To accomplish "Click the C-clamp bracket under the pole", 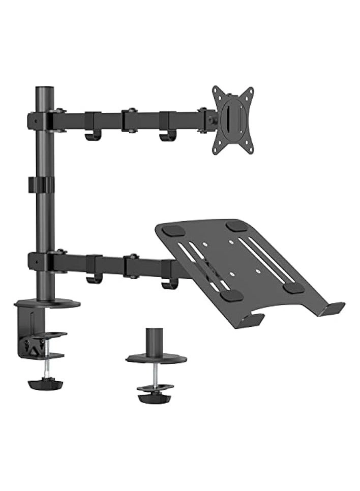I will point(31,330).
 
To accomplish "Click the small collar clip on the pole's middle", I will point(41,185).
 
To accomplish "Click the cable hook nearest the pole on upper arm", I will point(93,136).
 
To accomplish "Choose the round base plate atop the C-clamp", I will point(48,304).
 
